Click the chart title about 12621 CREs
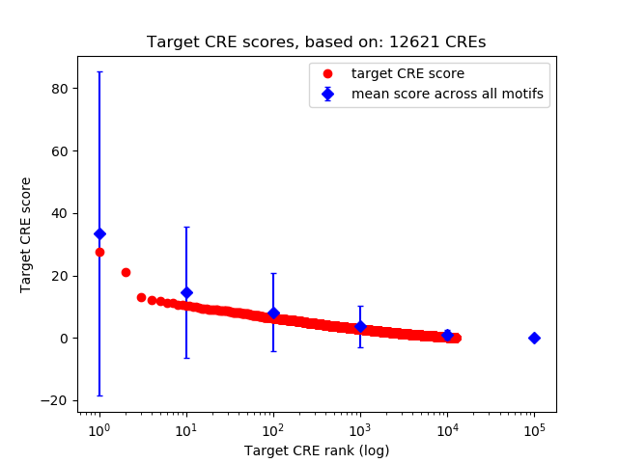(x=317, y=42)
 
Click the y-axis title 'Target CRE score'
(x=26, y=234)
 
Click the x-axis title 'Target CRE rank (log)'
(x=317, y=449)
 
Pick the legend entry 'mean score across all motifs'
(x=447, y=94)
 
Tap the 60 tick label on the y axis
(x=60, y=150)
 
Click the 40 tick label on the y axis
(x=60, y=213)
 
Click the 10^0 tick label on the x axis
(x=98, y=428)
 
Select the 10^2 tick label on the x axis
(x=273, y=428)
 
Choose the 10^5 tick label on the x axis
(x=534, y=428)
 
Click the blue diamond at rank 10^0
(x=99, y=233)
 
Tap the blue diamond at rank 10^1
(x=186, y=292)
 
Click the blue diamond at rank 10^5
(x=534, y=338)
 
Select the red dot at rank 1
(x=99, y=252)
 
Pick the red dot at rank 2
(x=126, y=272)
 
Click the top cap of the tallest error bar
(x=99, y=71)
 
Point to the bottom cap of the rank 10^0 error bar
(x=99, y=395)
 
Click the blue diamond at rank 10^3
(x=360, y=326)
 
